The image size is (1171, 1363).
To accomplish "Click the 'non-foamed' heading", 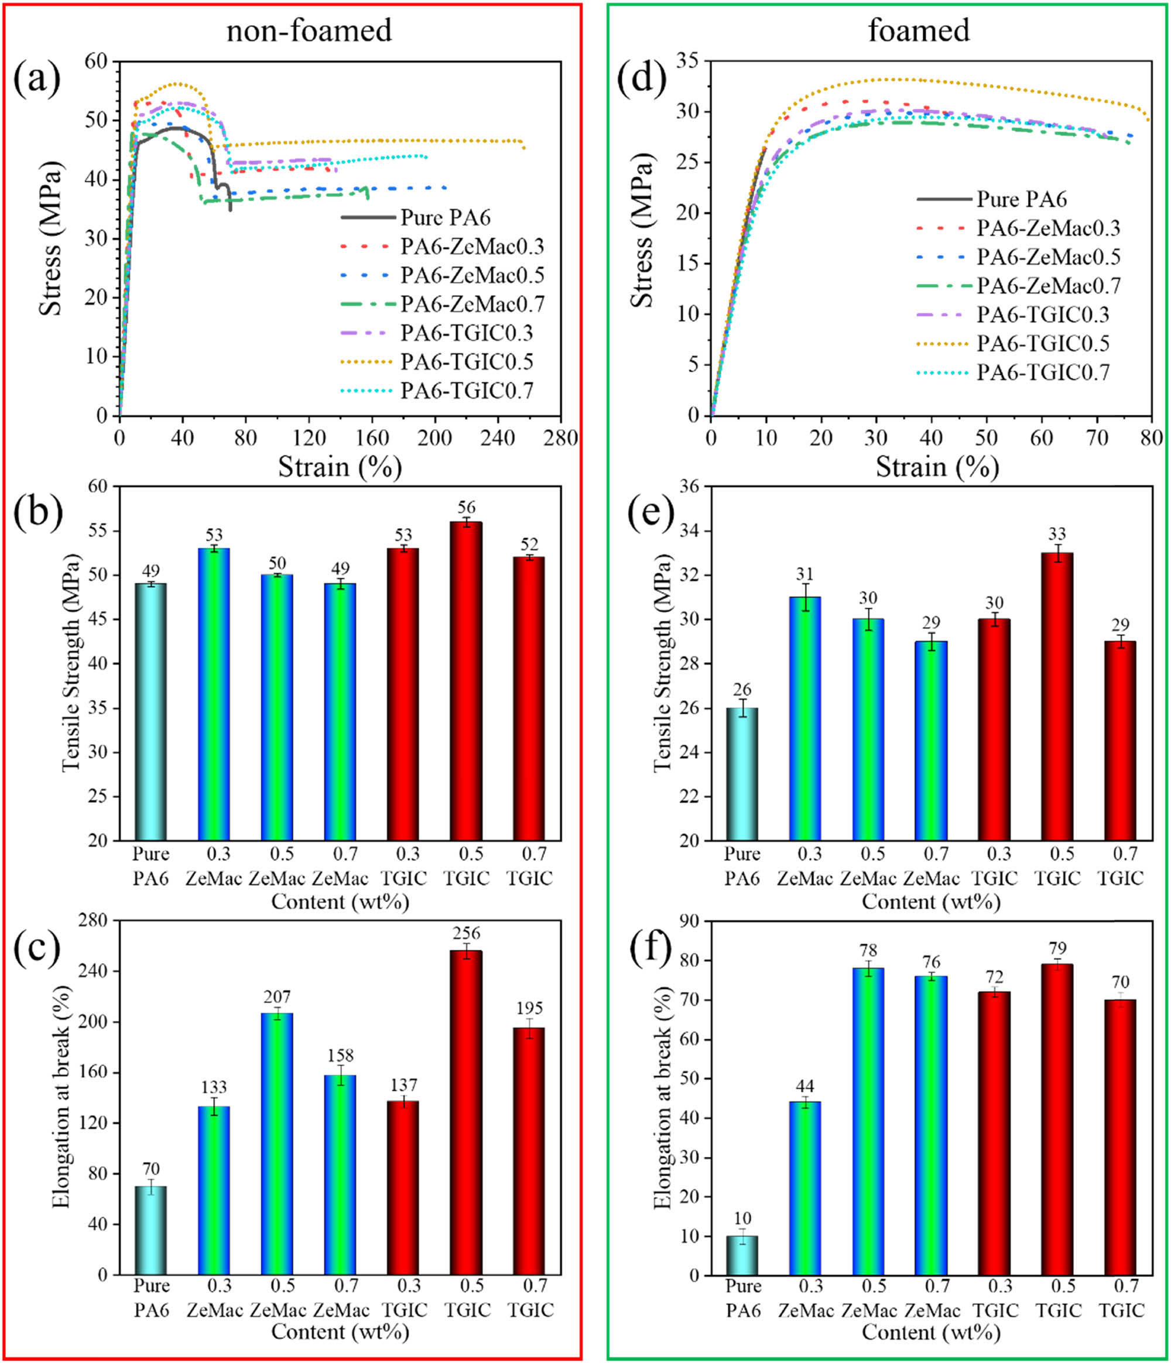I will (309, 31).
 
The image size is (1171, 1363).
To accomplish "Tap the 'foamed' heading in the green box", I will (919, 31).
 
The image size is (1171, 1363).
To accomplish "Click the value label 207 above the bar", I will (277, 996).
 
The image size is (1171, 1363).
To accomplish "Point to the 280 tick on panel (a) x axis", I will (560, 438).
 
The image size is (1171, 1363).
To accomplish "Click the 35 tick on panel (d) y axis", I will (691, 61).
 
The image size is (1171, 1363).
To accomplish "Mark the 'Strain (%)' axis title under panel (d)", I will (937, 468).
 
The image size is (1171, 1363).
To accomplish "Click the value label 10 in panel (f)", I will (742, 1219).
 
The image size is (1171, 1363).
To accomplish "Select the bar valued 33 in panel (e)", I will (1057, 697).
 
